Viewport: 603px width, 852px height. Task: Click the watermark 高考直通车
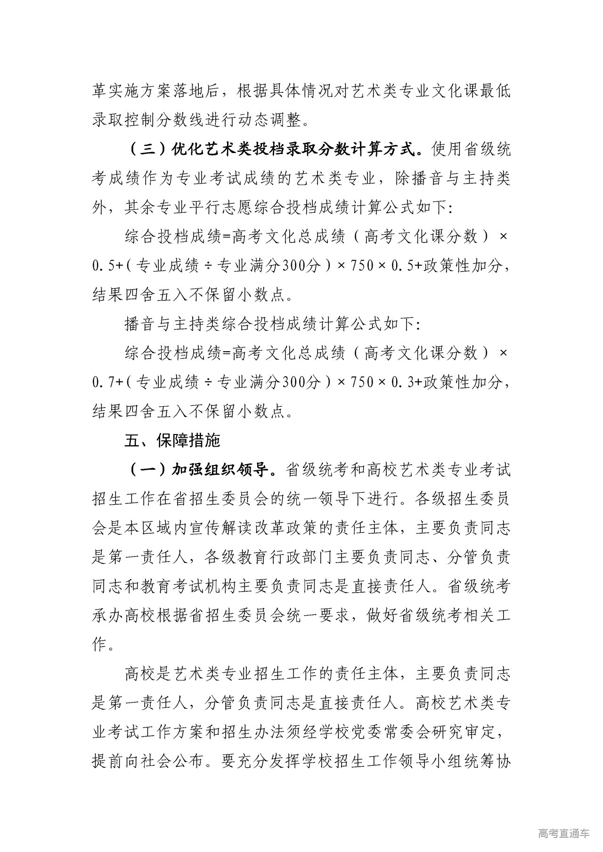[x=563, y=834]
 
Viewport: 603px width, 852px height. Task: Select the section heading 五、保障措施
[x=172, y=441]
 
